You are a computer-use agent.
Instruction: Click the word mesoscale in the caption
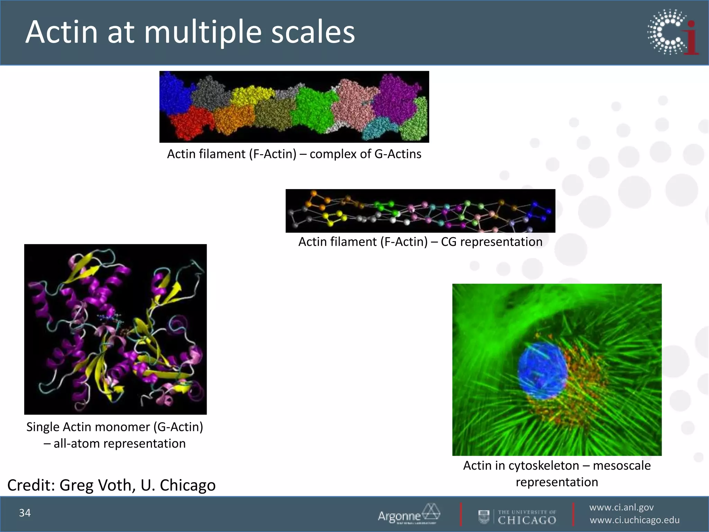coord(622,466)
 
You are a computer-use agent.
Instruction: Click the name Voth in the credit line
coord(117,485)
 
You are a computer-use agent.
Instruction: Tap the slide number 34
coord(25,513)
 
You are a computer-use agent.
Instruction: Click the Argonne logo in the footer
coord(409,514)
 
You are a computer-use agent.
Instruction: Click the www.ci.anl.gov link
coord(621,507)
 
